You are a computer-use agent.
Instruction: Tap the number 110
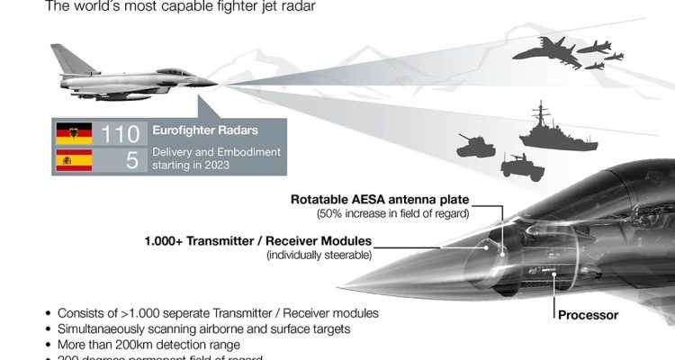point(120,135)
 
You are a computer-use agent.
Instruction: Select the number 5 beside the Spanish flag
point(131,161)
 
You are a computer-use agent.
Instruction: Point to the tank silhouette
point(474,143)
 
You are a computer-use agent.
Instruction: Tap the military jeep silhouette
point(521,166)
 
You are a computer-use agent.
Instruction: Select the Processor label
point(589,315)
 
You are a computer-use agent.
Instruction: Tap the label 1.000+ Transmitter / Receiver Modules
point(257,241)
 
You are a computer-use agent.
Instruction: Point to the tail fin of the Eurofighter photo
point(67,59)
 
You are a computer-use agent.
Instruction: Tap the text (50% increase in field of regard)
point(392,214)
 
